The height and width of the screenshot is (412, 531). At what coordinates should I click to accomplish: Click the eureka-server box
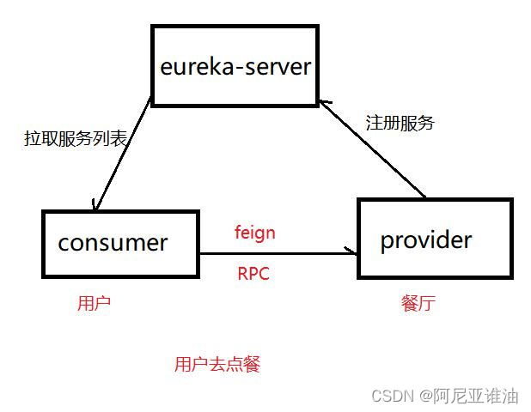(x=235, y=64)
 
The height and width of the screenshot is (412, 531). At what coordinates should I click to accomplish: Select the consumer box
(x=120, y=243)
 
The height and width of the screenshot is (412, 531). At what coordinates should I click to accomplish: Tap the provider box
(x=435, y=239)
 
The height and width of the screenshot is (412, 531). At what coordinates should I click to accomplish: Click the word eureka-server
(x=235, y=66)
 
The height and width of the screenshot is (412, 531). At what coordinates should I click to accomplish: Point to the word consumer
(x=113, y=243)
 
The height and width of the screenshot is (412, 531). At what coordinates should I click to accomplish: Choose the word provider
(x=426, y=239)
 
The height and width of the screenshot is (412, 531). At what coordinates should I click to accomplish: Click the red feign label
(x=255, y=232)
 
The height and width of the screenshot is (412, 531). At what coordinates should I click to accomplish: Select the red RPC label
(x=253, y=275)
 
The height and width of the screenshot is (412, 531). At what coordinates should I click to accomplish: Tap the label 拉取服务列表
(x=75, y=139)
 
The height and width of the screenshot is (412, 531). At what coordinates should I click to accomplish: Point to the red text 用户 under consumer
(x=94, y=303)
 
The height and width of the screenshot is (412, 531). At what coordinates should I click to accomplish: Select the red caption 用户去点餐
(x=217, y=364)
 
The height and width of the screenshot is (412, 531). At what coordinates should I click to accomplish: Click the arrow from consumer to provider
(x=275, y=252)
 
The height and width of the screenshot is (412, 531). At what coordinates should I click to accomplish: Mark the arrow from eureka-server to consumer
(x=125, y=154)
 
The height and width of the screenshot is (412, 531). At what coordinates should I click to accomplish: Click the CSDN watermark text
(x=392, y=396)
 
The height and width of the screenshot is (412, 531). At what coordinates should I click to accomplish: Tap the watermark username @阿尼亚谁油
(x=469, y=396)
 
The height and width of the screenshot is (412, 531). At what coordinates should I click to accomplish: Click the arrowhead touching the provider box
(x=352, y=251)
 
